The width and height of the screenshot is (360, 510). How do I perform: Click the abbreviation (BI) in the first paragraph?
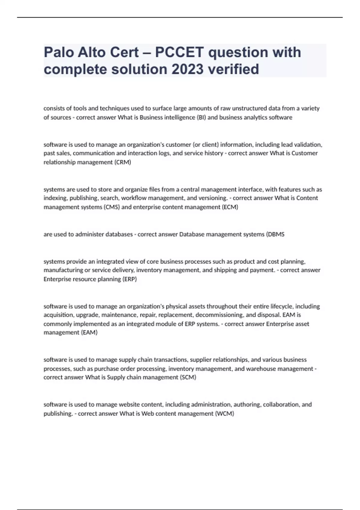[201, 117]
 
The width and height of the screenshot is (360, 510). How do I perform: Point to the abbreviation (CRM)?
[122, 162]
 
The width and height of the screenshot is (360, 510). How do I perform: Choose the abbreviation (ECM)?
[230, 207]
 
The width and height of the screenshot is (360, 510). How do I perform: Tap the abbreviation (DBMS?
[275, 234]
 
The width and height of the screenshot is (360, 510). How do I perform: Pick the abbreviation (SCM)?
[188, 377]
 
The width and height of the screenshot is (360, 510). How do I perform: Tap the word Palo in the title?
[59, 52]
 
